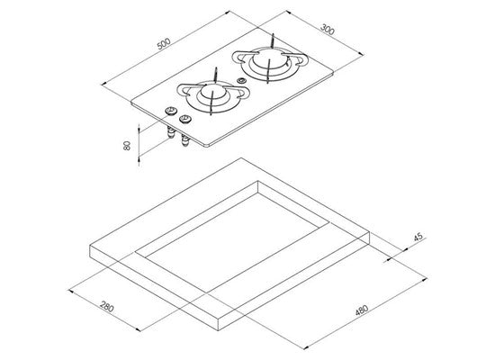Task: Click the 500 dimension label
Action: [164, 43]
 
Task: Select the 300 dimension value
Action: [327, 29]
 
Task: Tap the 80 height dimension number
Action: [126, 146]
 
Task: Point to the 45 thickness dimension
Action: [418, 237]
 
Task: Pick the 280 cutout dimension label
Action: [107, 307]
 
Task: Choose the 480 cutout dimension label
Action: [362, 310]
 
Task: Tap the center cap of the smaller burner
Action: [211, 93]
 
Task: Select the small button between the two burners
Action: [241, 80]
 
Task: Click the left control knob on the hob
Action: [170, 111]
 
